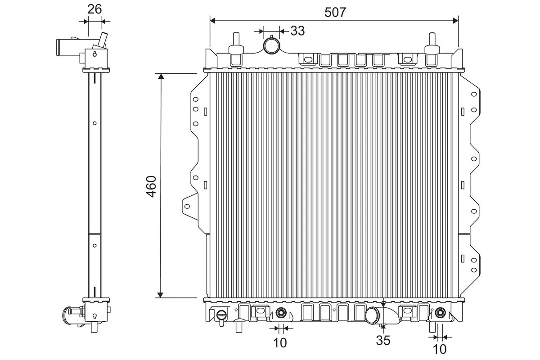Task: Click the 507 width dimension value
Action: pyautogui.click(x=335, y=12)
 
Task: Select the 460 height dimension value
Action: pyautogui.click(x=151, y=185)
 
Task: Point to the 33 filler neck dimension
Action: pyautogui.click(x=297, y=31)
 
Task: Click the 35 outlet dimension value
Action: pyautogui.click(x=383, y=341)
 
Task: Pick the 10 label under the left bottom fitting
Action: pyautogui.click(x=280, y=343)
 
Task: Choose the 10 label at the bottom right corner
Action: pyautogui.click(x=440, y=348)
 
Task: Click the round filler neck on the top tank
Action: pyautogui.click(x=271, y=45)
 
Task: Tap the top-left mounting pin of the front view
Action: pyautogui.click(x=235, y=41)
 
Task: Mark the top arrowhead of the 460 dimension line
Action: pyautogui.click(x=160, y=76)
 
